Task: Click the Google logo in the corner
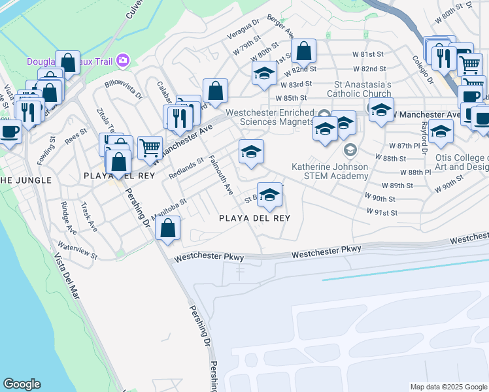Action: point(22,384)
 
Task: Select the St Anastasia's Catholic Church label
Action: point(363,89)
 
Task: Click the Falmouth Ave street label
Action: point(221,175)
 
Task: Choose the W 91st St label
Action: point(382,212)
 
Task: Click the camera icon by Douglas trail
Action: point(122,61)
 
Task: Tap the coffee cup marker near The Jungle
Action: point(9,131)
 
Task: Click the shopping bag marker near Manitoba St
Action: point(168,229)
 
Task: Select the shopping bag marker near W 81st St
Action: point(303,51)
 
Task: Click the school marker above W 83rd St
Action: point(264,73)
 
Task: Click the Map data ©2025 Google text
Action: point(448,387)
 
